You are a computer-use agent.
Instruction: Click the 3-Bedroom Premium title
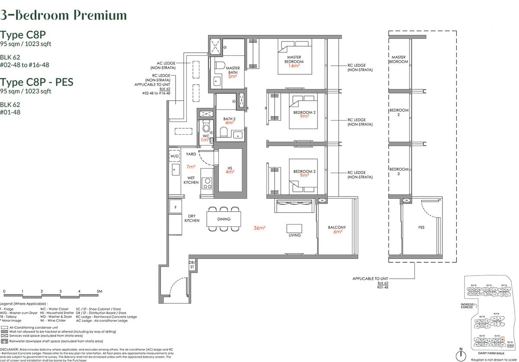64,15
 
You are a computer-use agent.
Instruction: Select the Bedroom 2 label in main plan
304,112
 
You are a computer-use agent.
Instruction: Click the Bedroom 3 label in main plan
304,171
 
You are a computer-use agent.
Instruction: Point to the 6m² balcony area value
337,232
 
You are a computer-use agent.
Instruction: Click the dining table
224,219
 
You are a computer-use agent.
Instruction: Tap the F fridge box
175,207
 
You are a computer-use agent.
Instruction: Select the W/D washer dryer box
174,156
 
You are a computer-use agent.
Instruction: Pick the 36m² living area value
259,228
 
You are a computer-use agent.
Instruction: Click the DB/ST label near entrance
192,265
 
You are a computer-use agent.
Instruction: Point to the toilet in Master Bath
220,66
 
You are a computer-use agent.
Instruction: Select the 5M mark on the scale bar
99,292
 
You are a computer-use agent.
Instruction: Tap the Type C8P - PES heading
37,82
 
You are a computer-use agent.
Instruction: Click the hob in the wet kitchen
207,184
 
